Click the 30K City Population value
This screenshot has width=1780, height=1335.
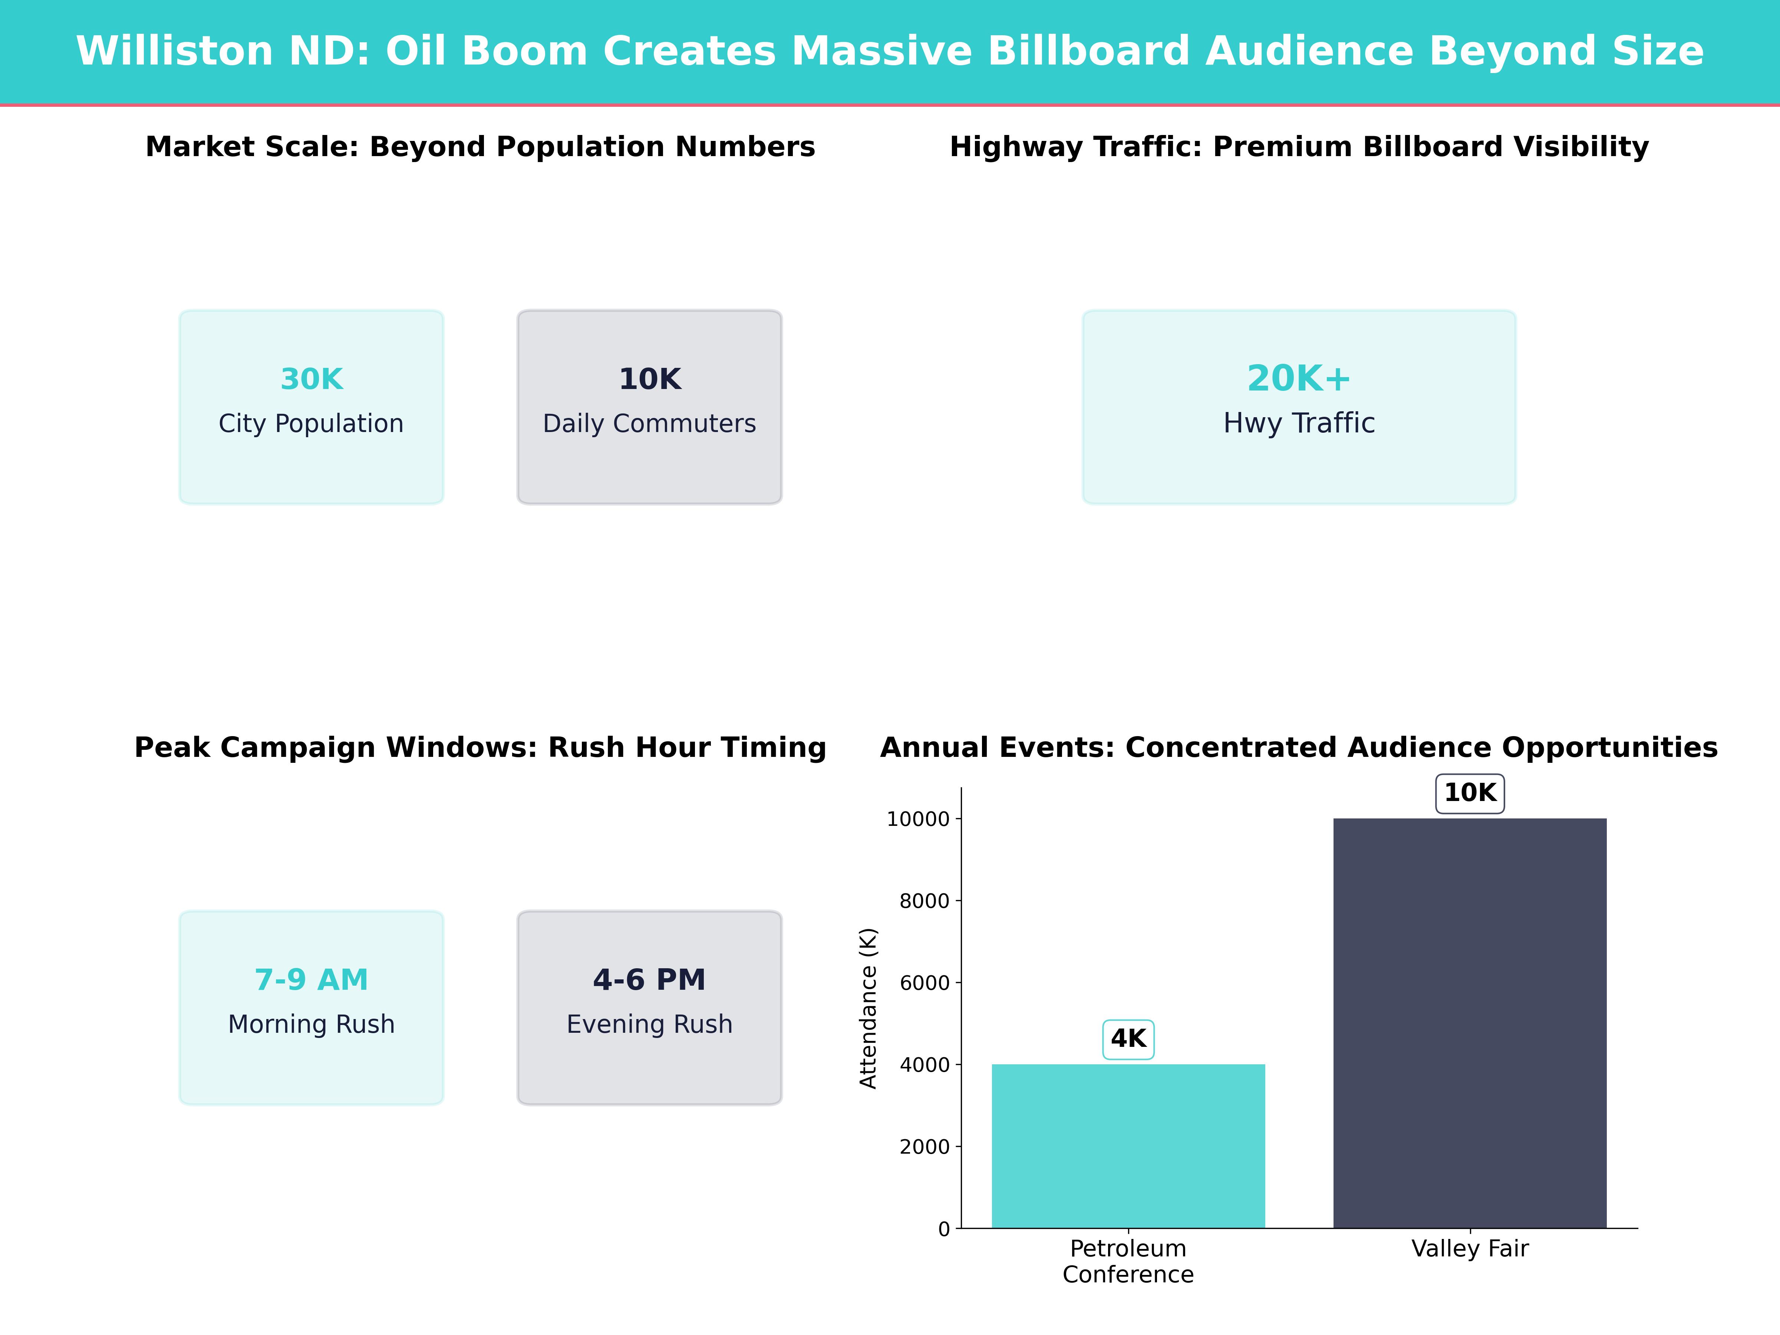[x=311, y=379]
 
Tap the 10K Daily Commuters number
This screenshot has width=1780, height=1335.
[x=649, y=379]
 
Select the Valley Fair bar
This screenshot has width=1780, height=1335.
[x=1469, y=1022]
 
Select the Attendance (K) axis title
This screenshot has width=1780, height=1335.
[x=867, y=1008]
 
